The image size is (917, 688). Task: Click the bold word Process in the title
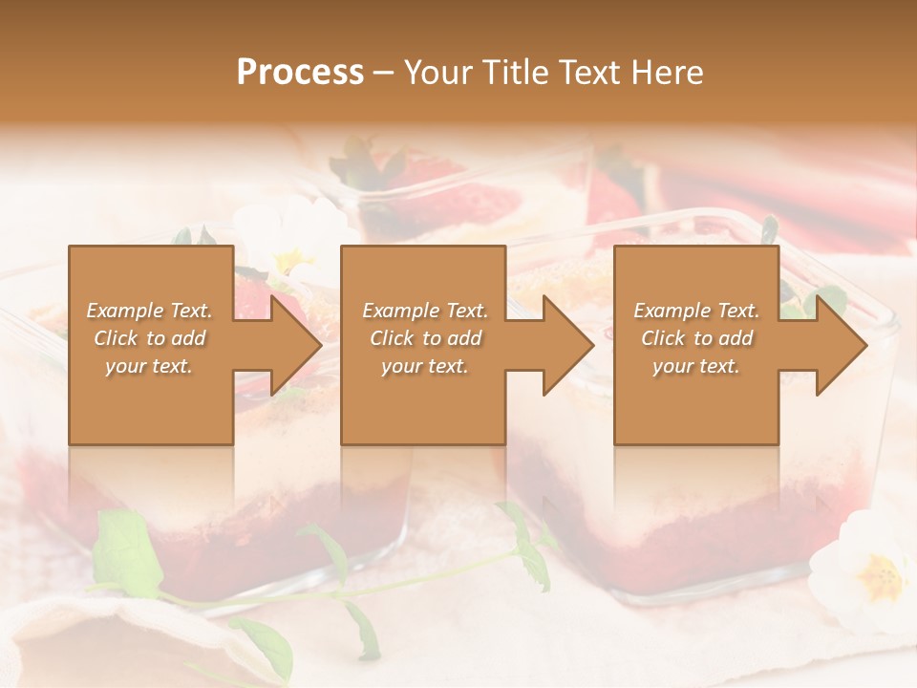(x=300, y=73)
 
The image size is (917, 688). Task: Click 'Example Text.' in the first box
(x=150, y=311)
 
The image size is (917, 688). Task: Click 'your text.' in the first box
(x=150, y=366)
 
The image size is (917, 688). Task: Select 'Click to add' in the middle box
(x=425, y=338)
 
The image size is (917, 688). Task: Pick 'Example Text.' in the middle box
(x=425, y=311)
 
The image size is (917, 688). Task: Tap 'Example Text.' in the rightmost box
(x=696, y=311)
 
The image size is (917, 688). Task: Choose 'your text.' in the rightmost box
(x=696, y=366)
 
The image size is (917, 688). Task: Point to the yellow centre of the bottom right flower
(x=881, y=576)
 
